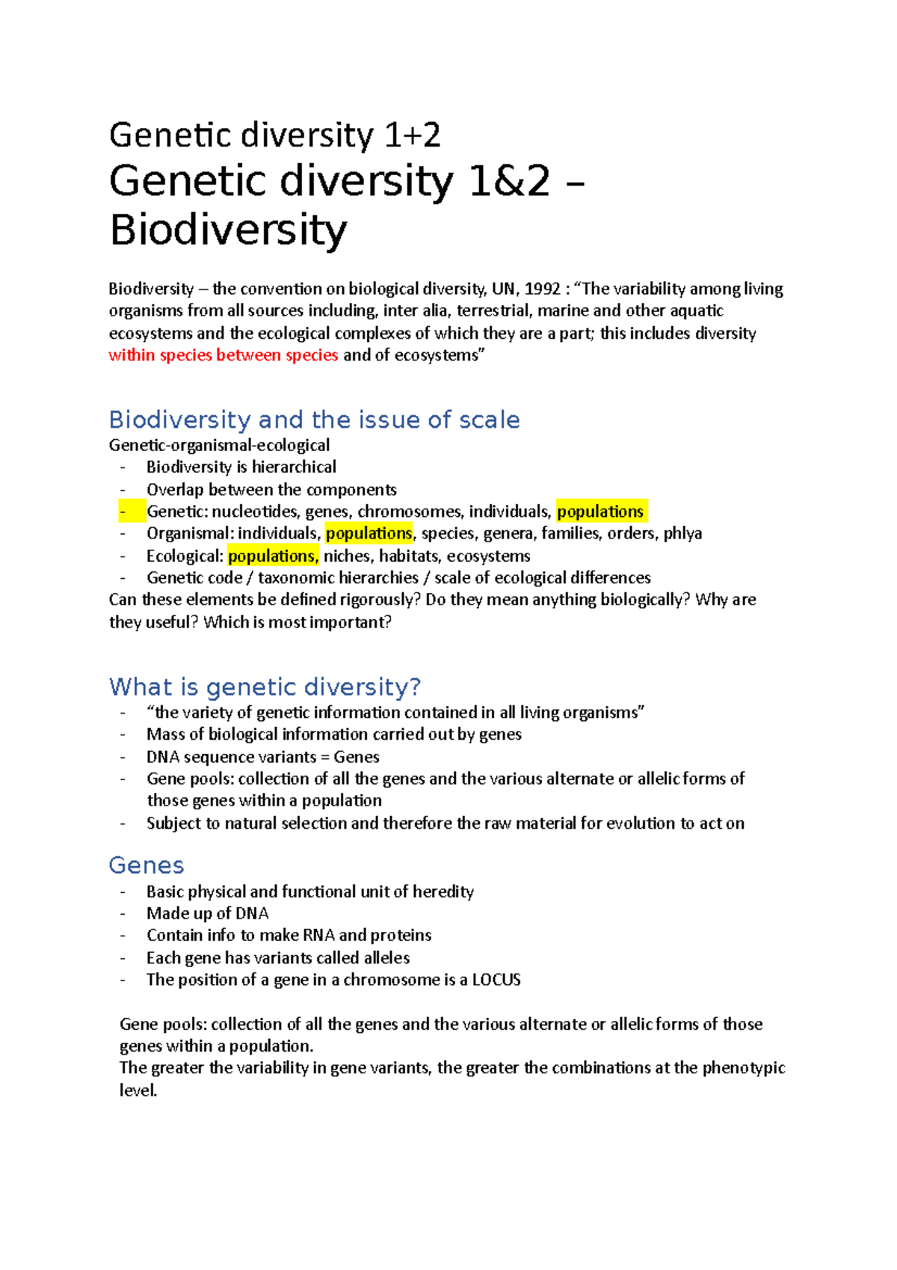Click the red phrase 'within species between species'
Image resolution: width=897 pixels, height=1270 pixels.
click(223, 355)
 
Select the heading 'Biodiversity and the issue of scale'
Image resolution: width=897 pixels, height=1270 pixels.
click(314, 420)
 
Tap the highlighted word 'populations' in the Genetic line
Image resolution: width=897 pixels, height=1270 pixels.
click(600, 512)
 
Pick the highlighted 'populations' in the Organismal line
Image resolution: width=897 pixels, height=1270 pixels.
click(369, 533)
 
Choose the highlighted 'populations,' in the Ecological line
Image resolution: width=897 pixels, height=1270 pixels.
click(273, 556)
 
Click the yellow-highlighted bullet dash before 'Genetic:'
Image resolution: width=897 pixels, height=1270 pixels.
click(123, 512)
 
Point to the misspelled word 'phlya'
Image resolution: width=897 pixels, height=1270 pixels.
click(682, 533)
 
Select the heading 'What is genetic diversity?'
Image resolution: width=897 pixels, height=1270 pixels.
click(265, 687)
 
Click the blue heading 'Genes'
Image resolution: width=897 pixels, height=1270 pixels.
click(147, 865)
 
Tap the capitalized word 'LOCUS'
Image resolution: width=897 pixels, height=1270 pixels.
click(496, 980)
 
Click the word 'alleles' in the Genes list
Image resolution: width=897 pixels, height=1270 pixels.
click(386, 958)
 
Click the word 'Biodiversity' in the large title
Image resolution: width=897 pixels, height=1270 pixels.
click(228, 230)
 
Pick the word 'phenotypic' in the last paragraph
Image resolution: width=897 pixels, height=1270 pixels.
click(743, 1068)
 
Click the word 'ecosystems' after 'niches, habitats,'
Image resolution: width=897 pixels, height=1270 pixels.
click(488, 556)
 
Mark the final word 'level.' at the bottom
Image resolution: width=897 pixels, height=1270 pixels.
click(138, 1090)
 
